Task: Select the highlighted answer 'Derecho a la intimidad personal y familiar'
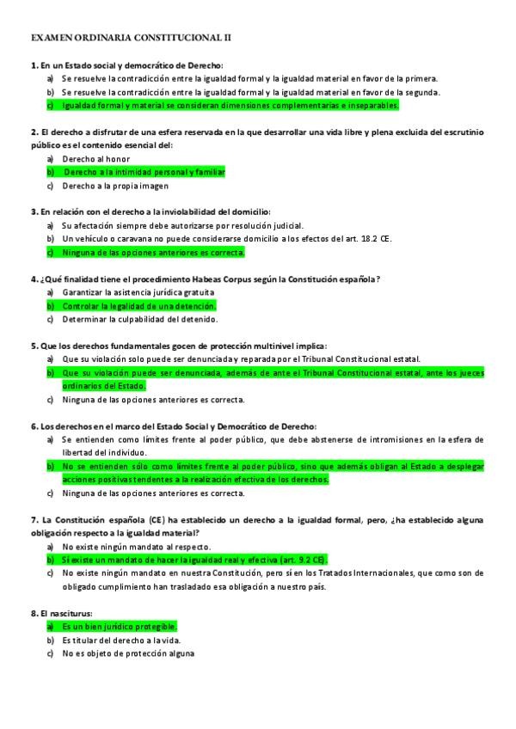click(x=144, y=172)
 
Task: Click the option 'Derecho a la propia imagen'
click(x=115, y=186)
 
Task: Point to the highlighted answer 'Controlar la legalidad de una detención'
click(x=139, y=306)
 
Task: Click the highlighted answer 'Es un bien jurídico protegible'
click(x=120, y=627)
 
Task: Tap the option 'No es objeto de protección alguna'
click(x=128, y=653)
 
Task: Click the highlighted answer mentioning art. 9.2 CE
click(x=194, y=560)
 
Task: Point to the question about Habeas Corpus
click(x=206, y=279)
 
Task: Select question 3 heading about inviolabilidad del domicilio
click(x=150, y=212)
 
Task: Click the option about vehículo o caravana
click(x=227, y=239)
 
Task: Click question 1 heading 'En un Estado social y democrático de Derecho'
click(x=127, y=65)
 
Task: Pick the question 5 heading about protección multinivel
click(x=179, y=346)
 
